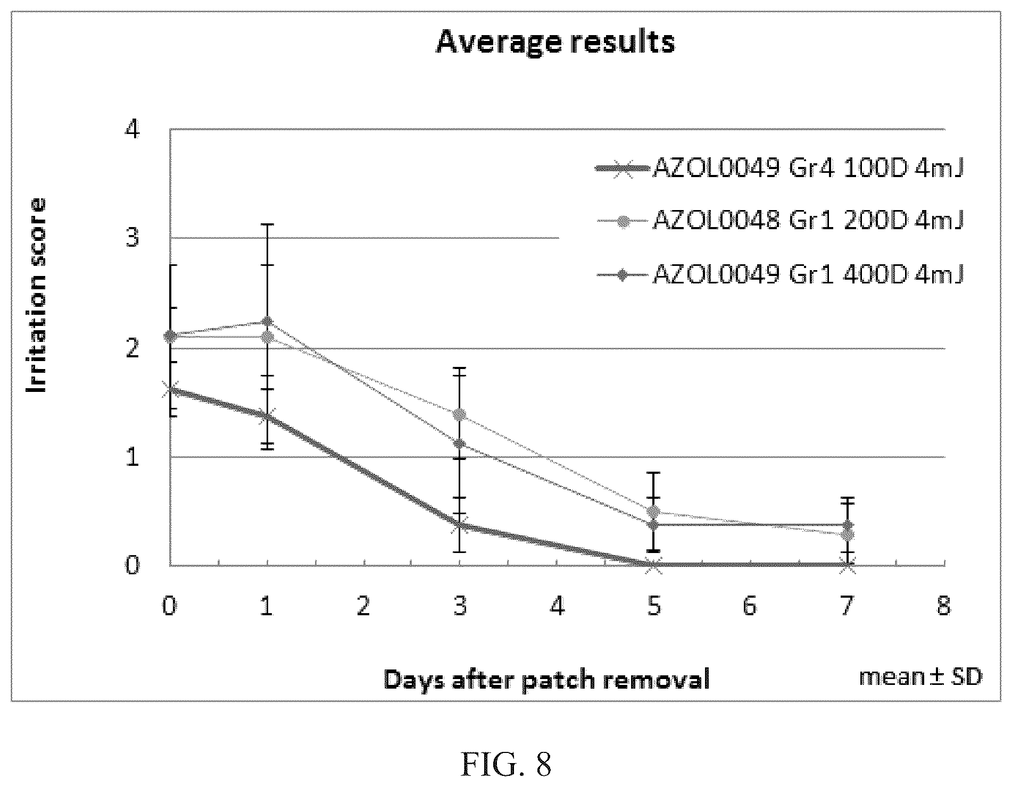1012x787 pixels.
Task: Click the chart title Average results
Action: pos(555,42)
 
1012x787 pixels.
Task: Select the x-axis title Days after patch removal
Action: pos(547,680)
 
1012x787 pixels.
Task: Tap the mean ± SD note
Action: pos(920,676)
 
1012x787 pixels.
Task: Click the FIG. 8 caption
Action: pos(505,765)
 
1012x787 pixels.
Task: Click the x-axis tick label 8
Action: pos(944,606)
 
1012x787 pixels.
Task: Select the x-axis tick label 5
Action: pos(654,606)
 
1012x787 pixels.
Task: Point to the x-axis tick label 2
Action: pos(363,606)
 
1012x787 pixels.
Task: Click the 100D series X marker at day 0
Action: pos(170,391)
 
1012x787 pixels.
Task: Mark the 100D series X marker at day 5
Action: pos(654,565)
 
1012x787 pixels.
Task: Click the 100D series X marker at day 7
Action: pos(848,565)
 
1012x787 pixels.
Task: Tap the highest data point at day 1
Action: pos(267,322)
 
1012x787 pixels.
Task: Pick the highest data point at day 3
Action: pos(460,414)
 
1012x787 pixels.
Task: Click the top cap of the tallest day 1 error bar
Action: pos(267,224)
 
